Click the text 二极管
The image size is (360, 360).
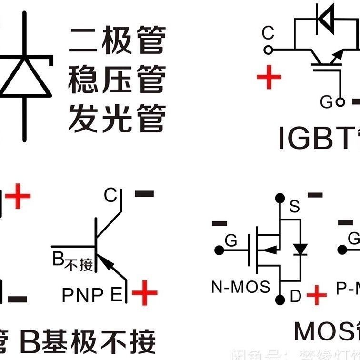pos(117,40)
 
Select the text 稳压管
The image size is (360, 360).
pos(117,79)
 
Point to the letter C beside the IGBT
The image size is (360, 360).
pos(268,33)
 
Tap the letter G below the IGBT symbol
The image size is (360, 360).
pos(326,101)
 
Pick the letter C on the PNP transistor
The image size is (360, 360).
pos(110,195)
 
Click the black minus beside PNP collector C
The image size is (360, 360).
pos(145,194)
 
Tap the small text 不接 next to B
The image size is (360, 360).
pos(80,264)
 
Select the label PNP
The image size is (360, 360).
pos(82,295)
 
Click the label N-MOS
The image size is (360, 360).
pos(240,287)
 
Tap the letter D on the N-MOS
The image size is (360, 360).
pos(296,297)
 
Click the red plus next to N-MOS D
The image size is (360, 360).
pos(316,296)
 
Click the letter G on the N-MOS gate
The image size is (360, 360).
pos(230,240)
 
